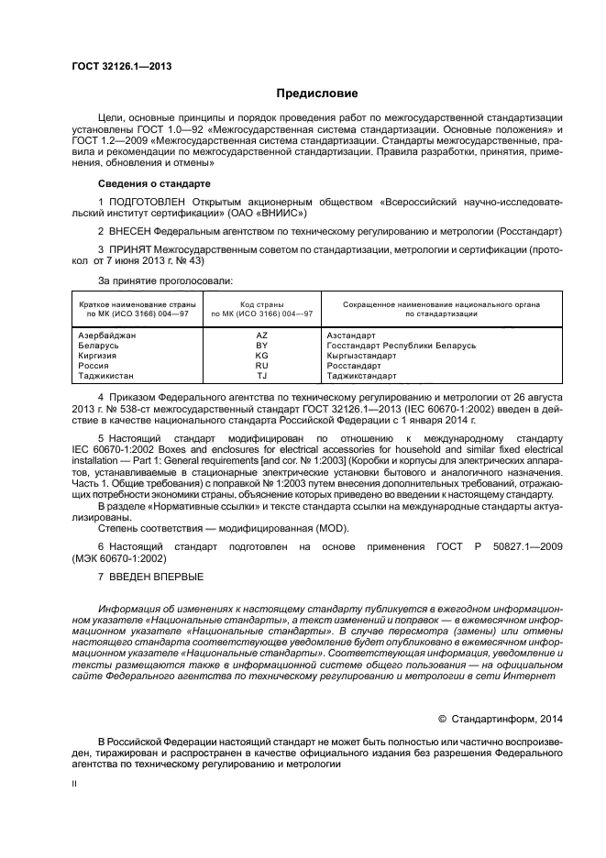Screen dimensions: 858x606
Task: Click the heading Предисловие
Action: click(317, 93)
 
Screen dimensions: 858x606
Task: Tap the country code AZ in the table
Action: click(261, 336)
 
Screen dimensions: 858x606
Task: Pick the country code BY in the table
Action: click(261, 346)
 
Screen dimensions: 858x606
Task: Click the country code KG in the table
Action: click(261, 356)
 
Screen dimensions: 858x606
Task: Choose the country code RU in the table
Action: click(261, 366)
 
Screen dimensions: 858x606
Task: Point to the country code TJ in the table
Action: click(261, 376)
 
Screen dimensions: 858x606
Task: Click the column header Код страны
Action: click(262, 304)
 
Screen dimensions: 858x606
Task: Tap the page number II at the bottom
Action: click(75, 784)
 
